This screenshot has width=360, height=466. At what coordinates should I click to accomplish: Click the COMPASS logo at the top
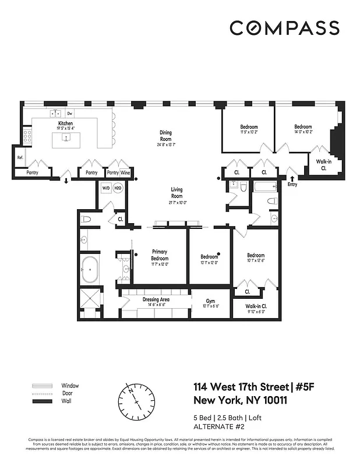[284, 27]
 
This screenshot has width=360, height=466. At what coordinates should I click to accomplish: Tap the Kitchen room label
[65, 124]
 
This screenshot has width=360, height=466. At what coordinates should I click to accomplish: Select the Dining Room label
[166, 136]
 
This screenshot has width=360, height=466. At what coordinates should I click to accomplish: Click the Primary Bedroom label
[160, 255]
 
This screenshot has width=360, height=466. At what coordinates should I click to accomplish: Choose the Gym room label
[210, 302]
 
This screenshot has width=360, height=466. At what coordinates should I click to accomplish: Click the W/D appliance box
[106, 188]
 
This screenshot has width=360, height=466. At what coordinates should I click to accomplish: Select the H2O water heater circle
[118, 188]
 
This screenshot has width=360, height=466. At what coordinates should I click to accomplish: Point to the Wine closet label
[126, 173]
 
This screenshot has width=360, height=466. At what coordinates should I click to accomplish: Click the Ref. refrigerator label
[20, 157]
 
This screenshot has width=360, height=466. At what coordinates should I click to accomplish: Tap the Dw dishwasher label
[69, 114]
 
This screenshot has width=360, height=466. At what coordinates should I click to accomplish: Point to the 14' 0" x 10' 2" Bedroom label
[303, 129]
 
